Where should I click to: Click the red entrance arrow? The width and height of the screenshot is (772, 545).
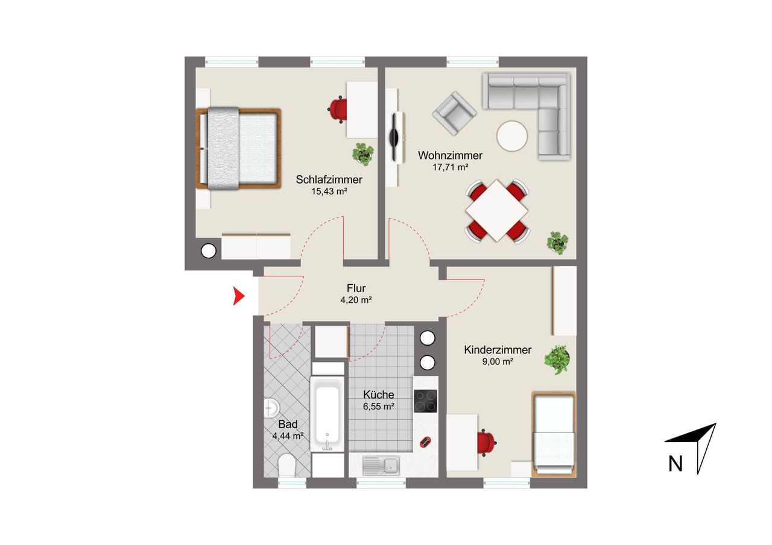coord(238,296)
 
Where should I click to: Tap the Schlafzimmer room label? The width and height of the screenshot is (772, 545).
coord(329,179)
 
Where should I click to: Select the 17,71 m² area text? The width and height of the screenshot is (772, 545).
coord(451,167)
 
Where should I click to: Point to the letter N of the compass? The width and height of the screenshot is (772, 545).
coord(675,464)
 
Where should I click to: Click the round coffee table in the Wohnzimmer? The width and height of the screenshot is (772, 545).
coord(512,136)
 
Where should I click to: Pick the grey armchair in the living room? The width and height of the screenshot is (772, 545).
coord(455,113)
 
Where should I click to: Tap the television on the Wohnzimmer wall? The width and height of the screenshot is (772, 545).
coord(394,138)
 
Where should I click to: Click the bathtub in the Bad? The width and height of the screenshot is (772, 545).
coord(327,414)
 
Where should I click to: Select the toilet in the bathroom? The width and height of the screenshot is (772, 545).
coord(286,465)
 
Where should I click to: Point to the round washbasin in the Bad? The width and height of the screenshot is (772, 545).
coord(271,408)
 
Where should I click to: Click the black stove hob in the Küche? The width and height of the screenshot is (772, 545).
coord(425,401)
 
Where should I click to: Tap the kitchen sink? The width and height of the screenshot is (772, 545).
coord(381,466)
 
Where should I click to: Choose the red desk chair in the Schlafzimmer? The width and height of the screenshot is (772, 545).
coord(338,110)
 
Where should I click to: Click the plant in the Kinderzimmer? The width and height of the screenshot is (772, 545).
coord(557,360)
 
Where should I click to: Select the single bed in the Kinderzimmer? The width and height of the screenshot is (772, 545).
coord(554,434)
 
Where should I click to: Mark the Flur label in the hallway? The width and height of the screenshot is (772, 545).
coord(356,288)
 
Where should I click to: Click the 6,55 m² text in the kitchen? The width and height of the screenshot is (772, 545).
coord(378,406)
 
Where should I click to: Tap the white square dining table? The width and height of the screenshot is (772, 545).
coord(496,210)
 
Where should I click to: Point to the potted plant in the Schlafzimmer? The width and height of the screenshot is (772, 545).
coord(363,154)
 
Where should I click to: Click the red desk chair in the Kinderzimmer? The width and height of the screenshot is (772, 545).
coord(487,443)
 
